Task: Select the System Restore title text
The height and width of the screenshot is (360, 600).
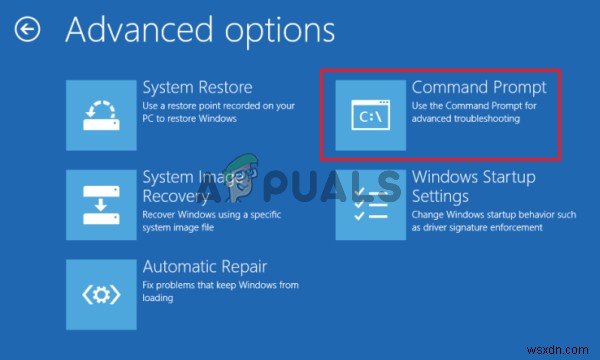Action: [197, 87]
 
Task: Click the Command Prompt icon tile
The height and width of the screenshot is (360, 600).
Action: [370, 116]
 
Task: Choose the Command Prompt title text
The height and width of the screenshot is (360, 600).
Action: [479, 87]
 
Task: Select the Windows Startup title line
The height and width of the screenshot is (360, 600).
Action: [474, 177]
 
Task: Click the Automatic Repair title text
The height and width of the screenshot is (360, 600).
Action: [204, 267]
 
